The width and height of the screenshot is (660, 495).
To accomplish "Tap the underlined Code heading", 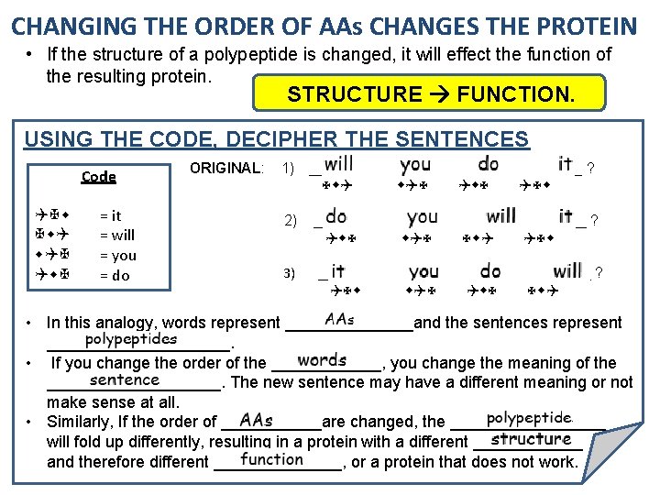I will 98,177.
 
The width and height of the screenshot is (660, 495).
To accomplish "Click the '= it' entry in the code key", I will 110,216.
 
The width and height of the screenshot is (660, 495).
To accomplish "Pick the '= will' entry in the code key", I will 116,236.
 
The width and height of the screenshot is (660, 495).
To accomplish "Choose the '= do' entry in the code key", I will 114,275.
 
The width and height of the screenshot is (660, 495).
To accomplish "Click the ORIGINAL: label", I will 225,169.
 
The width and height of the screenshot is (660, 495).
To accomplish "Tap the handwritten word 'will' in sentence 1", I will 338,165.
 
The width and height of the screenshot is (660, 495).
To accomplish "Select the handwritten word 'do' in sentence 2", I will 336,217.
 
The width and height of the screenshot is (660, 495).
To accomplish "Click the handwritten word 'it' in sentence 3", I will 337,271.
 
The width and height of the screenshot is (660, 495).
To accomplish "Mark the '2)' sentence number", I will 291,221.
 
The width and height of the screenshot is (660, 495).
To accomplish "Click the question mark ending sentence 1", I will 590,170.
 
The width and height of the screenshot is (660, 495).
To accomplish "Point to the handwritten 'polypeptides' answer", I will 131,339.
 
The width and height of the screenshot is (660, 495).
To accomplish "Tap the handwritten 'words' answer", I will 322,359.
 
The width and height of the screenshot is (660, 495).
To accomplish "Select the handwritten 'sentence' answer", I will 125,379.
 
